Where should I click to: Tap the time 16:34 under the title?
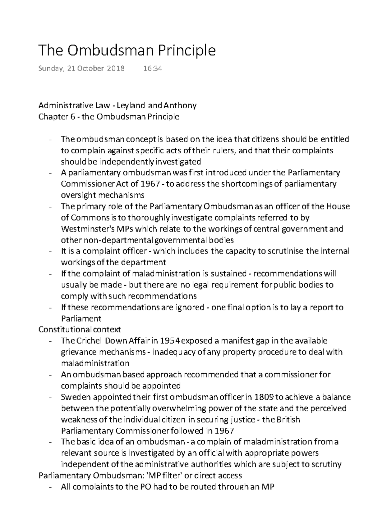tap(153, 69)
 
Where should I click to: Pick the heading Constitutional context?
tap(79, 329)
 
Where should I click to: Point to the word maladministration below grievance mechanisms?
tap(95, 363)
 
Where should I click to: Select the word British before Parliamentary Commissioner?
tap(288, 420)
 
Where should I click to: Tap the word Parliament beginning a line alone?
tap(81, 318)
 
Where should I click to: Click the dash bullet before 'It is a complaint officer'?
tap(51, 251)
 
